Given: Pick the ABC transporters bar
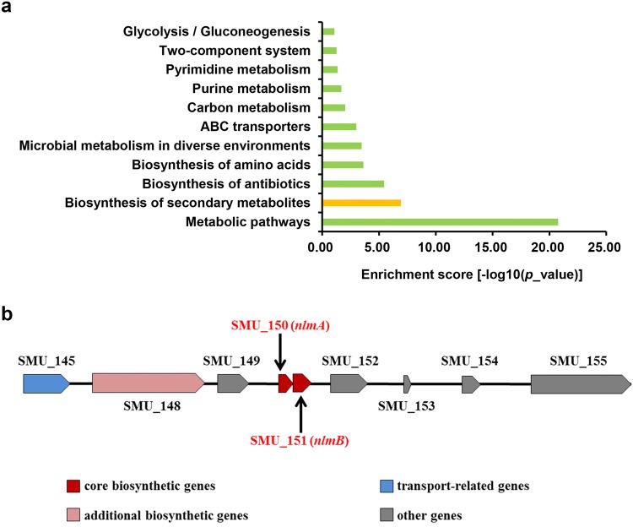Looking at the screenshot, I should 338,127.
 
